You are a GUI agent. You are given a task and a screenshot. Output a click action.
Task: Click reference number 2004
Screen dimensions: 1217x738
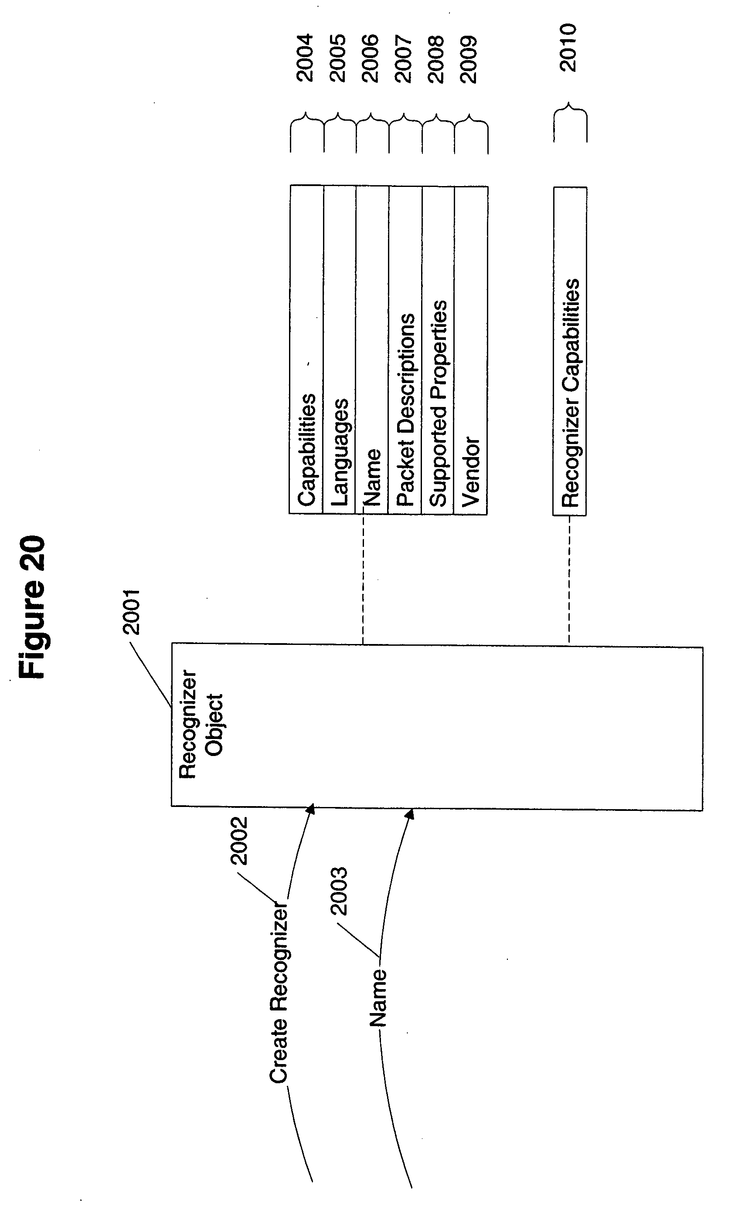pos(305,58)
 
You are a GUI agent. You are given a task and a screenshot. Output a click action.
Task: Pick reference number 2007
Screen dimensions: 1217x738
pos(404,59)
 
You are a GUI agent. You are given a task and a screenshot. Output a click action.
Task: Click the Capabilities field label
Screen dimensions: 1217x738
pos(306,450)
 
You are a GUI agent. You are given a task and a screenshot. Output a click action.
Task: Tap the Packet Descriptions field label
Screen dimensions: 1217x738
pos(405,410)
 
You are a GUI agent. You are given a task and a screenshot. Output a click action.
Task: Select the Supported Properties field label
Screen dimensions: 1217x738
pos(438,403)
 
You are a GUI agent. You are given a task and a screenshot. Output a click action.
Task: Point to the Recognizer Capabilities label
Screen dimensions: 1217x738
pos(570,393)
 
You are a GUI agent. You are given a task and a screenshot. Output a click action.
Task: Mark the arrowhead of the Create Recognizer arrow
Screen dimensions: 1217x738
pos(311,808)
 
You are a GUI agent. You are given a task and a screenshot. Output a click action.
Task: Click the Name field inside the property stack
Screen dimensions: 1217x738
pos(372,477)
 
